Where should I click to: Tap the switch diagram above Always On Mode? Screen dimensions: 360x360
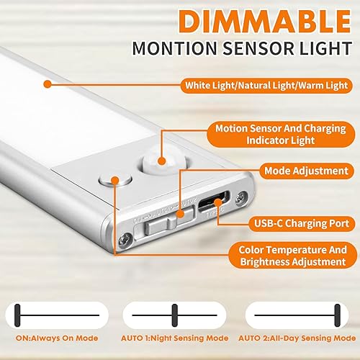point(56,313)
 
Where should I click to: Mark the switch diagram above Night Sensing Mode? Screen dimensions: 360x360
point(174,313)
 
